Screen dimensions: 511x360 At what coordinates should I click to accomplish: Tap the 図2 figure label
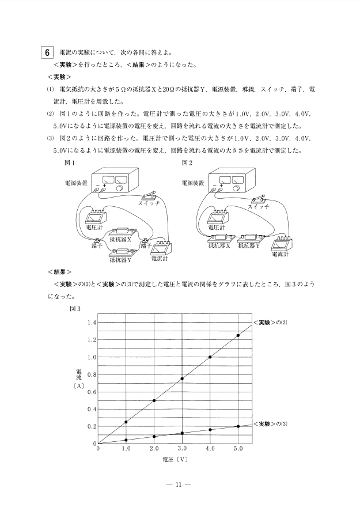coord(187,162)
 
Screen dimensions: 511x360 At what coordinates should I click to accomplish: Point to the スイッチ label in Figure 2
coord(259,206)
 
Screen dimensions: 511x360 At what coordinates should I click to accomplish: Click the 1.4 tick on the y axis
coord(91,323)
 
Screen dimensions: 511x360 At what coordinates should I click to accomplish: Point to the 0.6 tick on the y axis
coord(91,392)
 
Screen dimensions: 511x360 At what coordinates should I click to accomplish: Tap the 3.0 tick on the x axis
coord(182,448)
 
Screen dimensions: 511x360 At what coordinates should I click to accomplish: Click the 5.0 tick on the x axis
coord(238,448)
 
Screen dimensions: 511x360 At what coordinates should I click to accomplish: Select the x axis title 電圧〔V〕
coord(176,460)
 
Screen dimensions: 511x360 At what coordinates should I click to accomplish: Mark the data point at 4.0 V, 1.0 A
coord(210,357)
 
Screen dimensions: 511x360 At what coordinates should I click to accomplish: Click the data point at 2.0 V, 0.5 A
coord(154,400)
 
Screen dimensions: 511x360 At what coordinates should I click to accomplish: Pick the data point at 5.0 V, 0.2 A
coord(238,426)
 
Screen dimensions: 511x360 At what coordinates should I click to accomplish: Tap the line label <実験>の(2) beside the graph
coord(271,322)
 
